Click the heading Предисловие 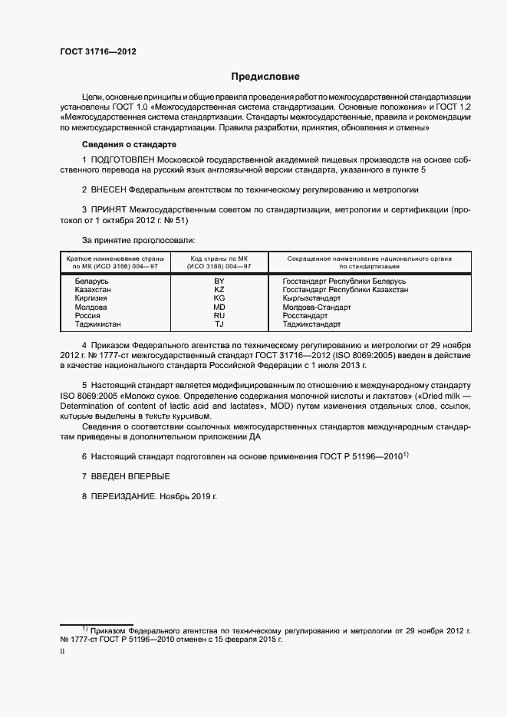tap(265, 77)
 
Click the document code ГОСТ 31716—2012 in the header tap(99, 51)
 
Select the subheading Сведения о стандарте tap(129, 144)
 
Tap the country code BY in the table tap(219, 282)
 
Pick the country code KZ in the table tap(219, 291)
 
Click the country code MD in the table tap(219, 308)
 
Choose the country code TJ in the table tap(219, 324)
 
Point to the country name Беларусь tap(91, 282)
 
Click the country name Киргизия tap(91, 299)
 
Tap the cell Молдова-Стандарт tap(316, 308)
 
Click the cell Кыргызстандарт tap(311, 299)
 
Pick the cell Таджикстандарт tap(311, 324)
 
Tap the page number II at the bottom tap(62, 651)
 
